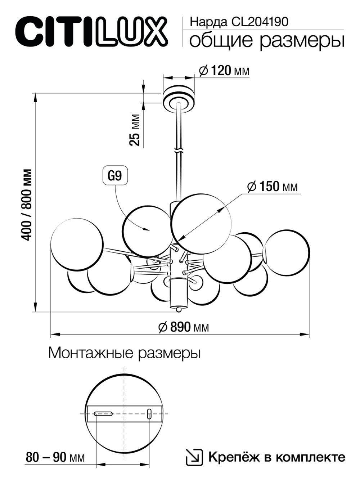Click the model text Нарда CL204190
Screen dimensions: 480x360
coord(239,22)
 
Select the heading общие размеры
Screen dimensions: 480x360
coord(266,41)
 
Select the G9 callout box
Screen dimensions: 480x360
coord(115,176)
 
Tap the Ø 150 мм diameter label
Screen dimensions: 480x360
coord(273,187)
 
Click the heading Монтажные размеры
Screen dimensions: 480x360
coord(124,353)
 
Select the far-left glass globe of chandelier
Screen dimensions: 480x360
coord(77,243)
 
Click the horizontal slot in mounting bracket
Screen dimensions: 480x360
coord(104,414)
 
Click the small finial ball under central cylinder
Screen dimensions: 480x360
coord(178,309)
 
